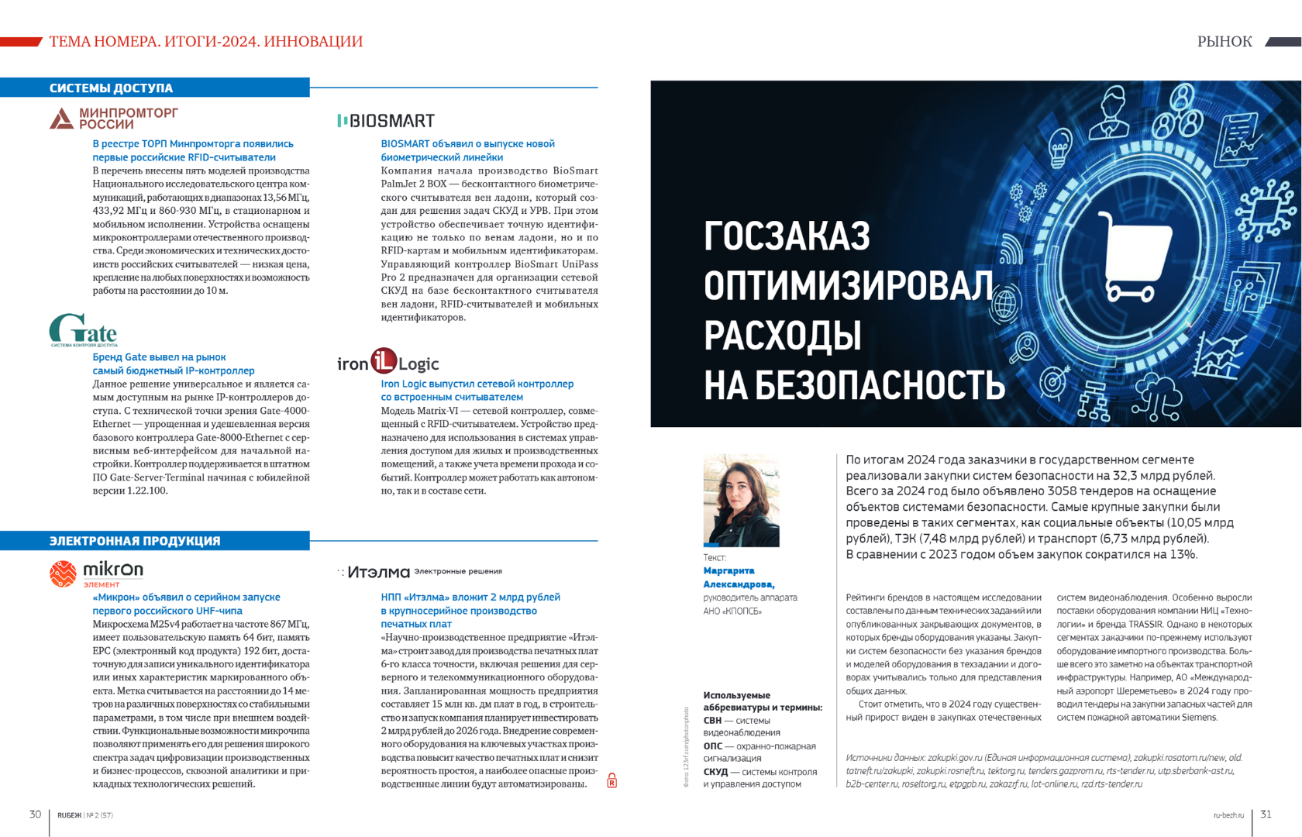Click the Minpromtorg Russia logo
[114, 119]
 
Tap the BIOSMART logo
[386, 121]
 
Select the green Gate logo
[83, 330]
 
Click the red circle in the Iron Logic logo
[384, 361]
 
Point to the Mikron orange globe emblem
[63, 573]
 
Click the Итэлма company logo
[378, 572]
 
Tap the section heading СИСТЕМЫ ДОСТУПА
[111, 88]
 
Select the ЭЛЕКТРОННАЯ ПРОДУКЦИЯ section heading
[135, 541]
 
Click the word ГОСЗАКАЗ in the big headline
[787, 236]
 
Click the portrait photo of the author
[741, 501]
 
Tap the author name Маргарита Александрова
[739, 577]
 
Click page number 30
[35, 815]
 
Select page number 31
[1266, 815]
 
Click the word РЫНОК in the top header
[1224, 42]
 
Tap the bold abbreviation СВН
[712, 721]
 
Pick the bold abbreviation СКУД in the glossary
[715, 772]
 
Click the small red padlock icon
[611, 780]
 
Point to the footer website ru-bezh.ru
[1228, 815]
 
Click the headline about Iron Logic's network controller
[477, 391]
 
